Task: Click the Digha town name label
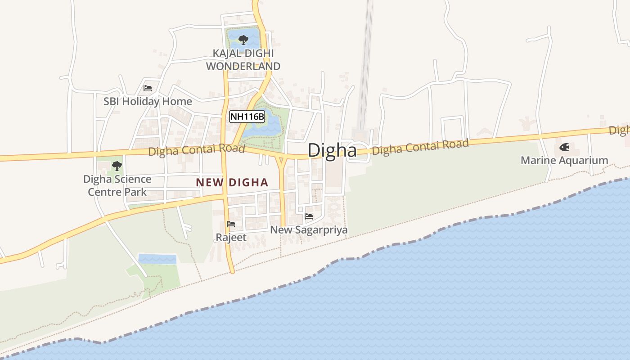[332, 150]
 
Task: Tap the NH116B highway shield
[247, 117]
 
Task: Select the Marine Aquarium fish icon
[564, 147]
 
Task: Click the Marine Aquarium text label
[564, 161]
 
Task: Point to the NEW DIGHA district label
[232, 183]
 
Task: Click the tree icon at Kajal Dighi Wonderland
[243, 40]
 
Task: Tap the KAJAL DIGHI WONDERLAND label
[243, 59]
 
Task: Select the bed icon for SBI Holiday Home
[148, 88]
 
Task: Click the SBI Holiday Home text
[148, 102]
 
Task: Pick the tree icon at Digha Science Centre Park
[117, 166]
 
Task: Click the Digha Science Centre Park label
[117, 185]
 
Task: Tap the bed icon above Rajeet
[231, 224]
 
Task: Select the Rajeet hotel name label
[231, 237]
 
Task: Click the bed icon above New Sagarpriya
[309, 216]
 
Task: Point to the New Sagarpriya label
[309, 230]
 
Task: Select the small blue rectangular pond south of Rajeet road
[157, 259]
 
